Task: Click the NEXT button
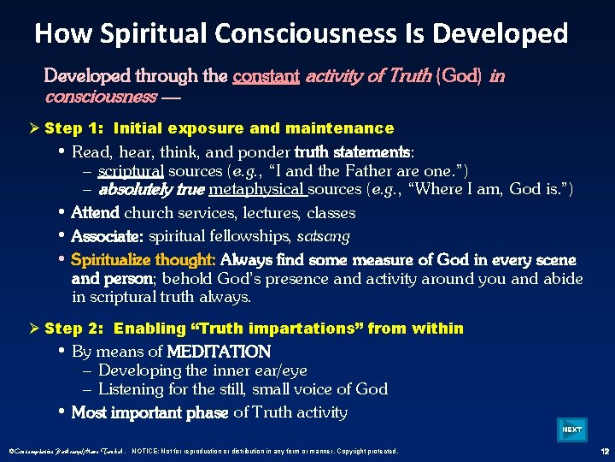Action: tap(571, 429)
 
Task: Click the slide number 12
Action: tap(604, 451)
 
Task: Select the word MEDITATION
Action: tap(219, 352)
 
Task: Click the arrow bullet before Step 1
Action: tap(35, 128)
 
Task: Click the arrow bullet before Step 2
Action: tap(35, 329)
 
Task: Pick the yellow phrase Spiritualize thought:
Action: tap(143, 259)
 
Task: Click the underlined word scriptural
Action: tap(126, 171)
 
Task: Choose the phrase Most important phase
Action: tap(149, 413)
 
